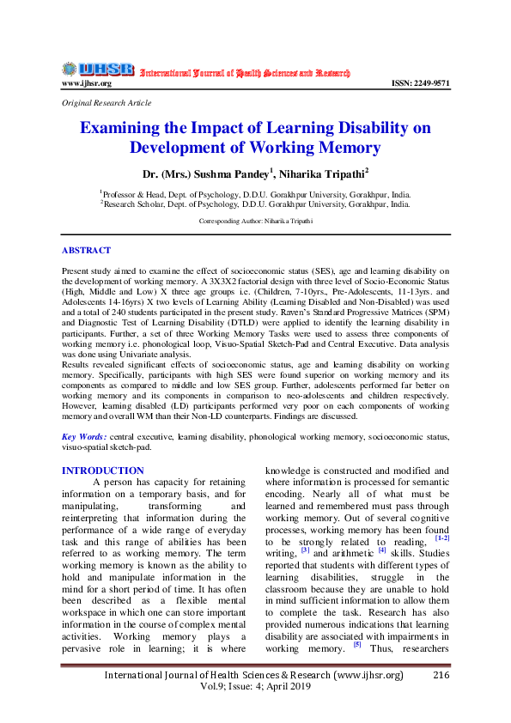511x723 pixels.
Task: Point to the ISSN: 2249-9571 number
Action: click(420, 83)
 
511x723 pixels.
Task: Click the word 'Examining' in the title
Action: click(127, 128)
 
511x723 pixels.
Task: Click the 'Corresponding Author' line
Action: click(255, 221)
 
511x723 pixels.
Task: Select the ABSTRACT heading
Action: click(86, 250)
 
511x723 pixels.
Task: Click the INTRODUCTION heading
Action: click(103, 471)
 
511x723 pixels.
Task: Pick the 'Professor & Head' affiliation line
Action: click(255, 194)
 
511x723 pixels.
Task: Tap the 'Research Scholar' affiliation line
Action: click(255, 204)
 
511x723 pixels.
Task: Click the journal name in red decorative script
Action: click(245, 72)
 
